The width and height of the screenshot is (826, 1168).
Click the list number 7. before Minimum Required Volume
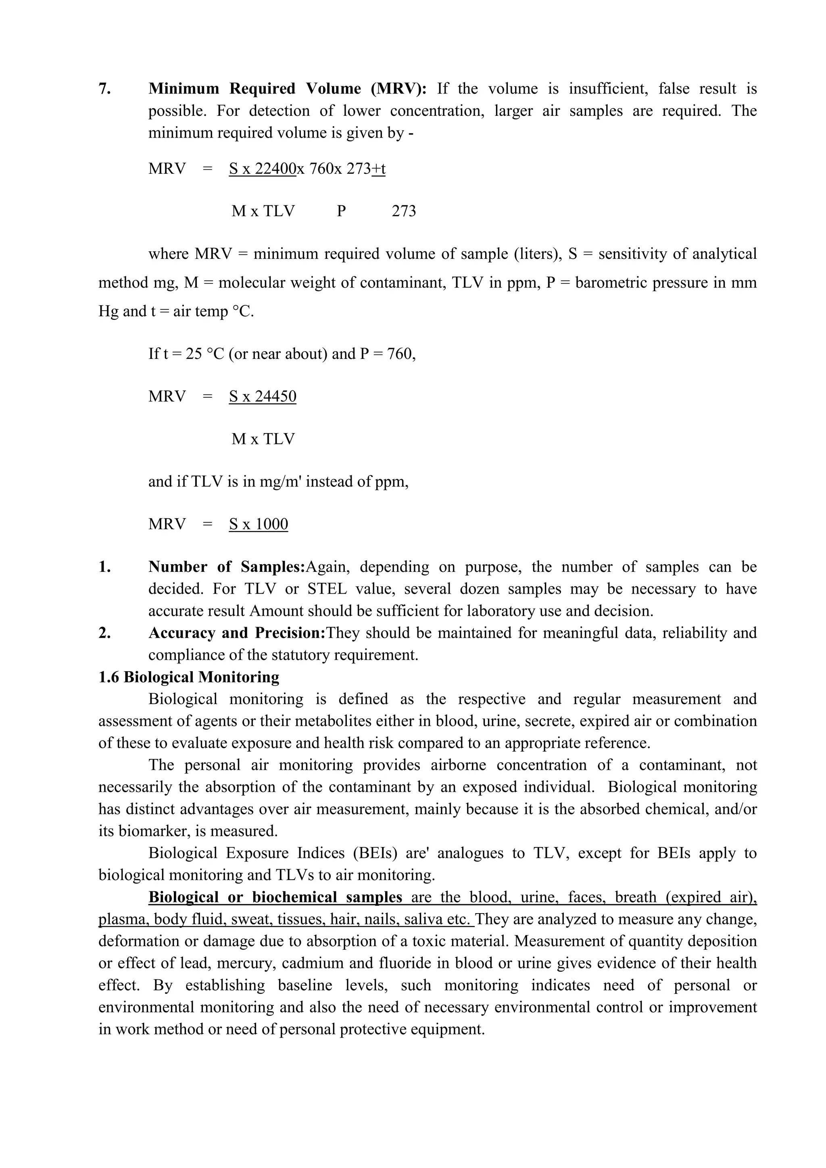point(104,89)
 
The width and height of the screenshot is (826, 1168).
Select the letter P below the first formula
point(341,211)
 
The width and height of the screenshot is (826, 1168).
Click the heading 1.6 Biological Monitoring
point(189,677)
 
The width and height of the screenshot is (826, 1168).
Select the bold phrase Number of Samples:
point(226,567)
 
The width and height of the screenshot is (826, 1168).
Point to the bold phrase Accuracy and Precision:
point(236,633)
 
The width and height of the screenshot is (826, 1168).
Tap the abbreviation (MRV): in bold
point(399,89)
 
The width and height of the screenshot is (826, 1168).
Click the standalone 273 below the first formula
point(404,211)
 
